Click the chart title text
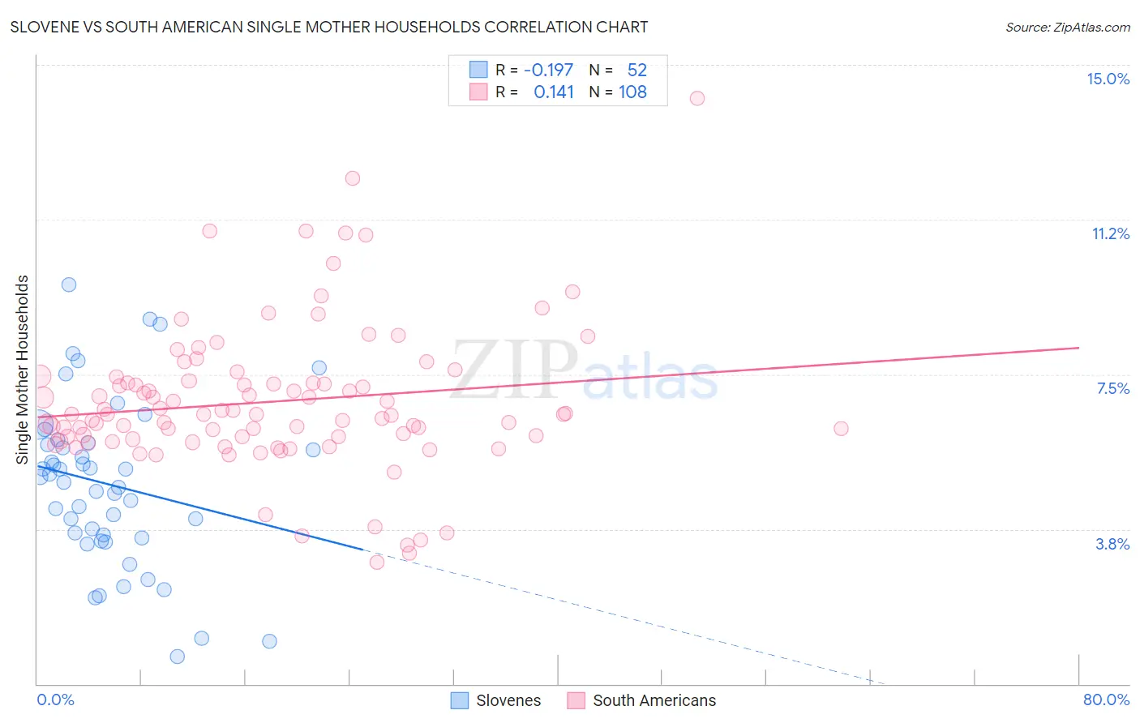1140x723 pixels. point(329,27)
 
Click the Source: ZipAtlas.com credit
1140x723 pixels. point(1067,27)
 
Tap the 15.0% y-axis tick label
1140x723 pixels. point(1108,79)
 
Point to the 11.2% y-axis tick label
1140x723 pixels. point(1110,233)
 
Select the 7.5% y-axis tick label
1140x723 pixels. point(1112,388)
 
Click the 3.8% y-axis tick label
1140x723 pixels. point(1112,544)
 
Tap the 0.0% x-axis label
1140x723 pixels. point(55,699)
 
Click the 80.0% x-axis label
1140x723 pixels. point(1106,699)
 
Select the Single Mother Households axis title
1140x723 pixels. point(23,370)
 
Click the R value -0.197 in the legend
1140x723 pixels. point(548,70)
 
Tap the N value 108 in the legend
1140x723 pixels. point(632,92)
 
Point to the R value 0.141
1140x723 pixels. point(554,92)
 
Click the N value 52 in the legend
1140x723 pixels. point(636,70)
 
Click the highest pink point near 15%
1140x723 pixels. point(697,98)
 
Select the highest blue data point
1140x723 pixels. point(69,284)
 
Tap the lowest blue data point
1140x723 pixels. point(178,657)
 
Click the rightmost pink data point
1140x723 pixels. point(841,428)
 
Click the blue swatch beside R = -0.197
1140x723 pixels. point(478,70)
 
